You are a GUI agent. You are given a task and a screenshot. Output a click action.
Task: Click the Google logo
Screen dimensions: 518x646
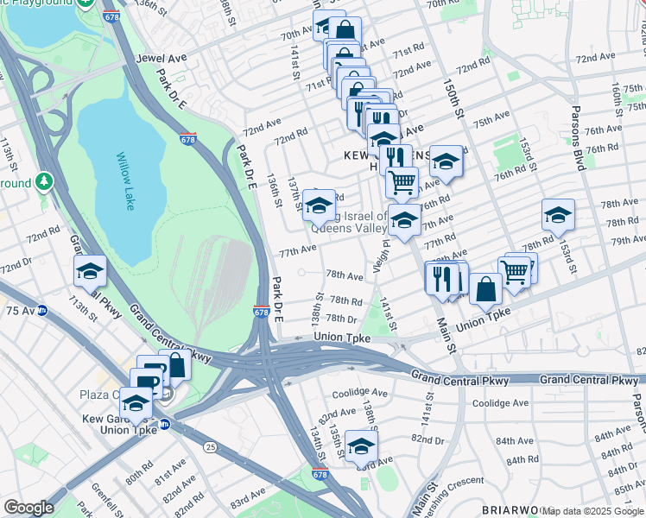pos(28,508)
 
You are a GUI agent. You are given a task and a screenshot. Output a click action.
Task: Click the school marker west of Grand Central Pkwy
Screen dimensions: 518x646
pos(90,272)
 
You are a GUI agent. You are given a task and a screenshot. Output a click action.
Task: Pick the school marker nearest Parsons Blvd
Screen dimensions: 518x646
pos(558,216)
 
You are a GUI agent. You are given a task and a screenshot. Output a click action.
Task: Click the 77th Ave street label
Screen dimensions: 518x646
pos(297,250)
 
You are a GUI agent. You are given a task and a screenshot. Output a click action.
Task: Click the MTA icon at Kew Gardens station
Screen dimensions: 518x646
pos(165,425)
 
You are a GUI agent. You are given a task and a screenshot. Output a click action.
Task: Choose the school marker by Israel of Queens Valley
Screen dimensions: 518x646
pos(319,206)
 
